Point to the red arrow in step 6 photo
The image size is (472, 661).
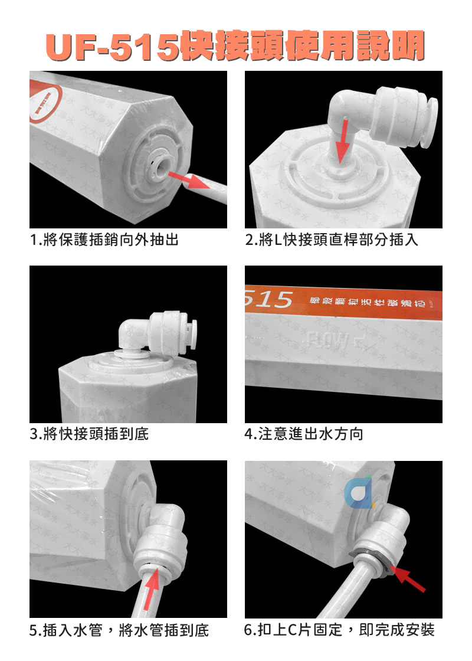(x=408, y=576)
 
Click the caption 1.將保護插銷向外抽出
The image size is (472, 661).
(x=104, y=240)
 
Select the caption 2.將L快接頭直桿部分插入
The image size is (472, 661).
(x=332, y=240)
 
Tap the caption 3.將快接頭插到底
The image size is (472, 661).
(x=89, y=434)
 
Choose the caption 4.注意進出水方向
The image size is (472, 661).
(x=304, y=434)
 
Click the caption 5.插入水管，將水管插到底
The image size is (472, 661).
(x=119, y=630)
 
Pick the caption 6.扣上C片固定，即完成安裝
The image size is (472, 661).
(x=339, y=630)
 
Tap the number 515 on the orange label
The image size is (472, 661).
(x=269, y=299)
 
